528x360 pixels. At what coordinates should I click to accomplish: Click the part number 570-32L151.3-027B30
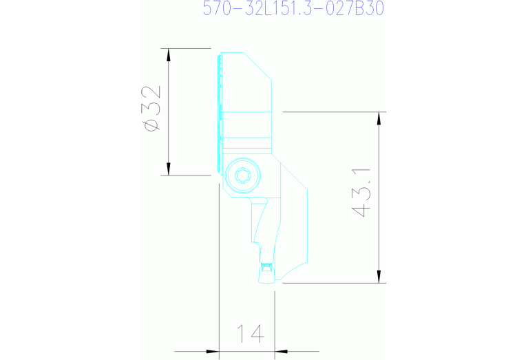point(293,8)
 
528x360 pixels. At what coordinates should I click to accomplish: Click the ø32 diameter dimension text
point(151,109)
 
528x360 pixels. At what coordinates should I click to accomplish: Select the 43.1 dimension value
point(361,193)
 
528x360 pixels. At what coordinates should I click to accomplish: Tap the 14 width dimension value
point(251,333)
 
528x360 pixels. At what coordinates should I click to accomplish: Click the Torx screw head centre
point(242,176)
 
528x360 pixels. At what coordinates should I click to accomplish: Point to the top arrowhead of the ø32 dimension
point(169,55)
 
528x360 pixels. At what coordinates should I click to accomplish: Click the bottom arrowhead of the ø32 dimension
point(169,169)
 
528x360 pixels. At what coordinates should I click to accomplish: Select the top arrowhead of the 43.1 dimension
point(379,118)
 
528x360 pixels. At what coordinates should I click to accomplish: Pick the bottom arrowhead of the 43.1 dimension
point(379,277)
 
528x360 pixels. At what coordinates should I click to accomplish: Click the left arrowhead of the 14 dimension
point(213,352)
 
